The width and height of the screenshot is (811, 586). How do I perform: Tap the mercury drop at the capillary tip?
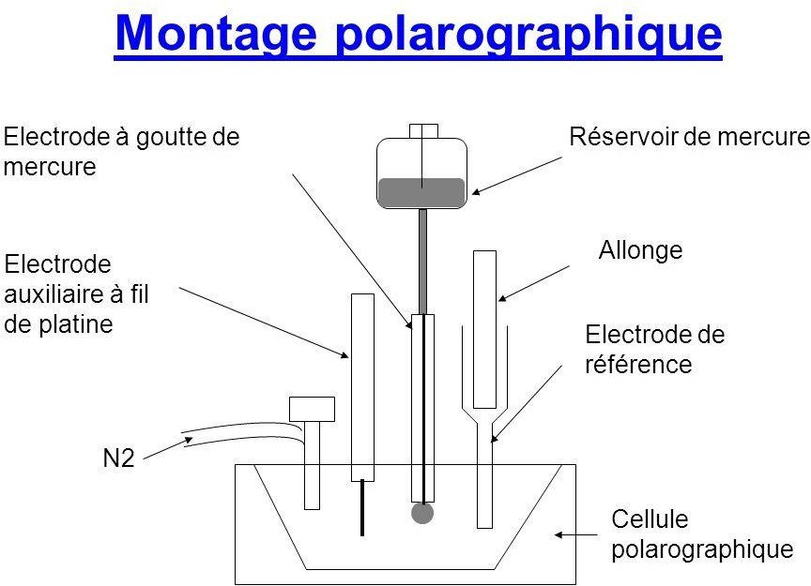tap(422, 512)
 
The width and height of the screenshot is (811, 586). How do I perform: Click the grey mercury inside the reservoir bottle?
tap(421, 192)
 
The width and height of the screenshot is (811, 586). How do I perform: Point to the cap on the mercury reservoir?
tap(423, 130)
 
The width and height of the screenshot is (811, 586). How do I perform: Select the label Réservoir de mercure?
tap(690, 138)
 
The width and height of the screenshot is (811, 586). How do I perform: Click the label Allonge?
tap(640, 250)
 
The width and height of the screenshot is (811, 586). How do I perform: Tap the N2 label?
tap(120, 459)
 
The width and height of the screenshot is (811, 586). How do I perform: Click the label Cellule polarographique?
tap(701, 533)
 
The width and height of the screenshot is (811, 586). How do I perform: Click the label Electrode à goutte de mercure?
tap(122, 152)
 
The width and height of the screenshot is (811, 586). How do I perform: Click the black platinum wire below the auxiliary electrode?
tap(362, 507)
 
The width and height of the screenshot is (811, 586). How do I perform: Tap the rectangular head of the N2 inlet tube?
tap(312, 409)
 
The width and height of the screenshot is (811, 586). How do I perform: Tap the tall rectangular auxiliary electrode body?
tap(362, 384)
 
